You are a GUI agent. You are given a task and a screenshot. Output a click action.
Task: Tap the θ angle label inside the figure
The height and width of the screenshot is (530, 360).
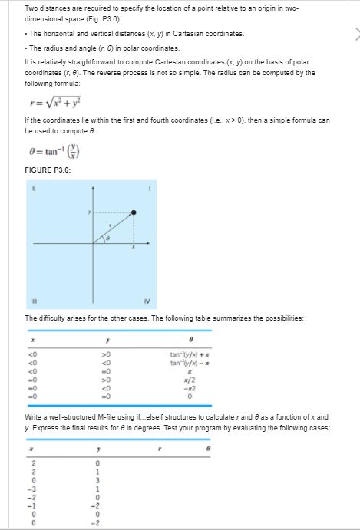coord(109,239)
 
